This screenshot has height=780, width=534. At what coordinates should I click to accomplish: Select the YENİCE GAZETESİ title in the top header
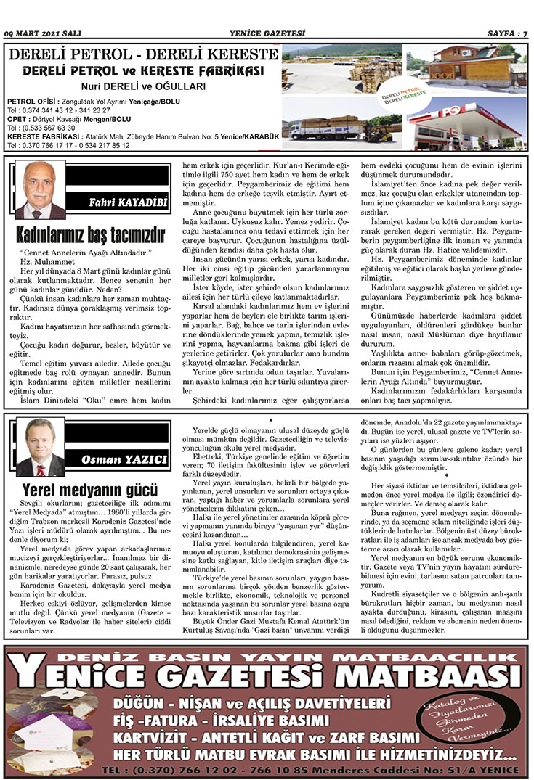pos(267,33)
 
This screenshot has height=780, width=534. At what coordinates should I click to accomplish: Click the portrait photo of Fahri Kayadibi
pos(40,190)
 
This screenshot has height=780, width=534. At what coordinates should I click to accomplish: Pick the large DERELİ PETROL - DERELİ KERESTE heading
pos(143,54)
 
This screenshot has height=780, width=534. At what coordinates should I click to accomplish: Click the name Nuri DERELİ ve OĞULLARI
pos(142,86)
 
